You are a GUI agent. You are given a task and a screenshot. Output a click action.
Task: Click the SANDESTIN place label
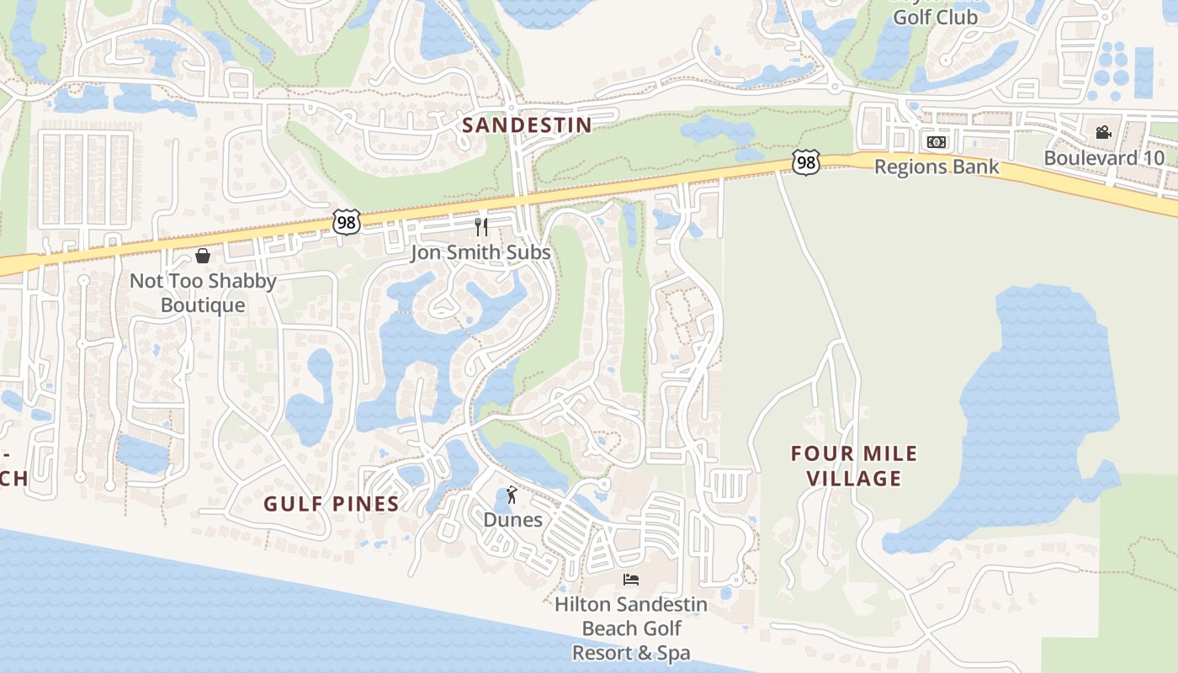(527, 125)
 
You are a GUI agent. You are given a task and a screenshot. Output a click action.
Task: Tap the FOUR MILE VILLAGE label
(854, 466)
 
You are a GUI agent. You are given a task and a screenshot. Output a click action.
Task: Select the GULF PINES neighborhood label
(331, 504)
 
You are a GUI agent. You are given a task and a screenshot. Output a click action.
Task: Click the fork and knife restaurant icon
(481, 226)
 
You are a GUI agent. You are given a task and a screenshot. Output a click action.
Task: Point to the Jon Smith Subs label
(480, 252)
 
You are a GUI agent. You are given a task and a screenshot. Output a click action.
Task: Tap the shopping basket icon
(203, 256)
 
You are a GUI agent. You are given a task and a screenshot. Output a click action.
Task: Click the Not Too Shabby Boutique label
(203, 293)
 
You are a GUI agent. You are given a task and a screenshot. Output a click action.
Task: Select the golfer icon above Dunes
(512, 495)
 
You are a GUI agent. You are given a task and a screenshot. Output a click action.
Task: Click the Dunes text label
(512, 520)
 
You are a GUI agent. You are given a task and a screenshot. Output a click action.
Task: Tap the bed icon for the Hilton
(631, 579)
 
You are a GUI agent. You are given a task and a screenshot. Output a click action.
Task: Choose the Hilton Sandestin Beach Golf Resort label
(631, 628)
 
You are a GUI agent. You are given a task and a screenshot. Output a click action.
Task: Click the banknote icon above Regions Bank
(936, 141)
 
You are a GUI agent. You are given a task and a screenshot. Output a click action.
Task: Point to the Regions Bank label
(937, 167)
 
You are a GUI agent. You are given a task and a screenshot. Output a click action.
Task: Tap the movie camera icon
(1103, 132)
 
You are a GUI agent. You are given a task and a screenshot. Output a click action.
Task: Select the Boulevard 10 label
(1104, 158)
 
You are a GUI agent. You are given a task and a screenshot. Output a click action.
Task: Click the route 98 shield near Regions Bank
(806, 162)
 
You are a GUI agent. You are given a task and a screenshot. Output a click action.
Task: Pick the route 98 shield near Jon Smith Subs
(346, 222)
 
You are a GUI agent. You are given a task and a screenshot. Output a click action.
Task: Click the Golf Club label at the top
(935, 17)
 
